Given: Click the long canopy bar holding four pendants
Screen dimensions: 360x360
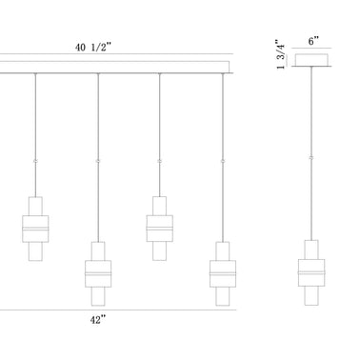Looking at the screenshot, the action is point(114,68).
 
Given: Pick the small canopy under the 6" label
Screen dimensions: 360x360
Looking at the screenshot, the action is point(311,60).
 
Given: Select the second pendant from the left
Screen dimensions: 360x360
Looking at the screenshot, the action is point(98,275).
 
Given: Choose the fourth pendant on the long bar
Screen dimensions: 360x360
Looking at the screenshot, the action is point(222,274).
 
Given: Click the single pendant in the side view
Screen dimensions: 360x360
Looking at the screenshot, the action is point(311,274).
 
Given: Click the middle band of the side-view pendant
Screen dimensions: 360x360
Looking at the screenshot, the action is point(311,272).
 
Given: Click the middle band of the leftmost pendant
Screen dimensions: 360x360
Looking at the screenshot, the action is point(35,230).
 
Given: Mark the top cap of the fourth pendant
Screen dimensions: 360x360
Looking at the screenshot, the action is point(222,249).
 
